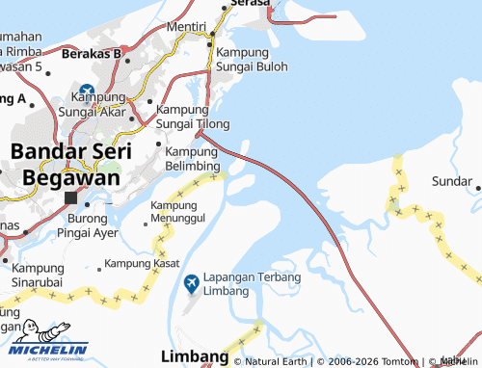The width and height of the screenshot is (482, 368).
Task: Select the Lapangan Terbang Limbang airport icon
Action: [x=190, y=283]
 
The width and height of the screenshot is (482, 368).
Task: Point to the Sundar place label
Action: [x=450, y=181]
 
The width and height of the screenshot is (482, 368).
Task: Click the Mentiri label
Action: [x=187, y=26]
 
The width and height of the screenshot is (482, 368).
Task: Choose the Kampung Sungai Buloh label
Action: [x=252, y=59]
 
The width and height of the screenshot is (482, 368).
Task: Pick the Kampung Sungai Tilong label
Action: [x=193, y=118]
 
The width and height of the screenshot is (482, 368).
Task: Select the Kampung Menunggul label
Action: [x=179, y=213]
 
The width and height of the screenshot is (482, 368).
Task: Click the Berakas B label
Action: [x=91, y=53]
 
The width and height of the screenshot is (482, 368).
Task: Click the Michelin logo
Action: [x=45, y=343]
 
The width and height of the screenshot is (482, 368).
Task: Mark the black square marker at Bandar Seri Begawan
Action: [x=70, y=198]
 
